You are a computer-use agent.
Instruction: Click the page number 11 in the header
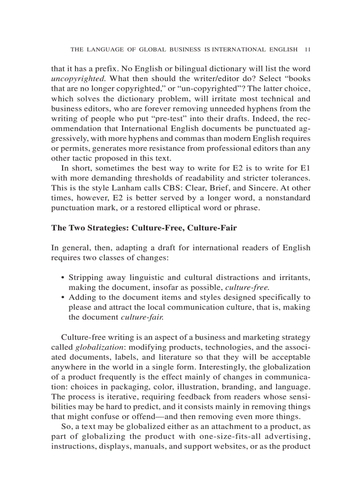tap(307, 50)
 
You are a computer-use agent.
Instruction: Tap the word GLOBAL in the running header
tap(153, 50)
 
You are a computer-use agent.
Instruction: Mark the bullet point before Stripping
tap(63, 278)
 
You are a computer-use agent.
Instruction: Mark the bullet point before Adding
tap(63, 298)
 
